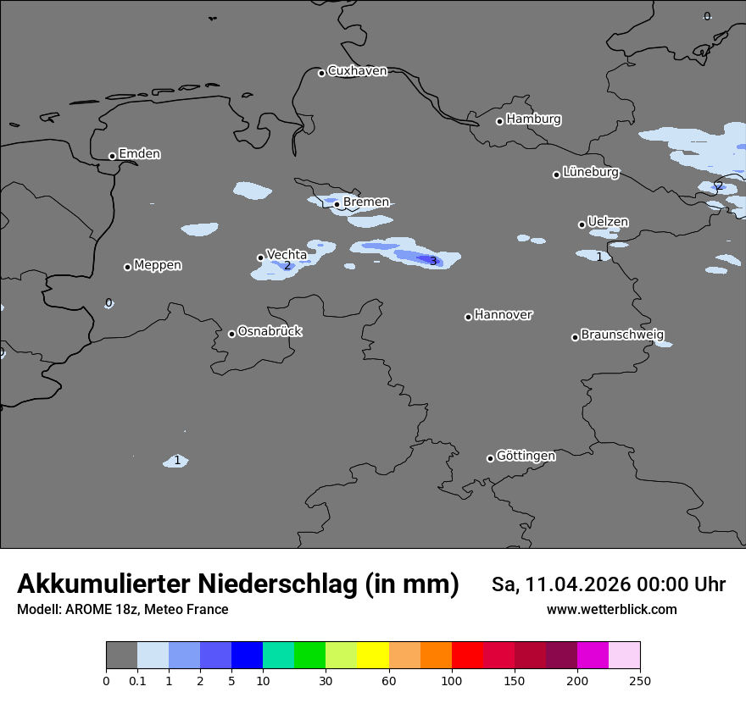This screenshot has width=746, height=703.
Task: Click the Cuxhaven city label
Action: tap(357, 71)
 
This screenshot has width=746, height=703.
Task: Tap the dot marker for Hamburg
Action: tap(499, 121)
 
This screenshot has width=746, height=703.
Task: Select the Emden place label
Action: tap(139, 154)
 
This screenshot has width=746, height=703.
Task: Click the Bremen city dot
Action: tap(337, 204)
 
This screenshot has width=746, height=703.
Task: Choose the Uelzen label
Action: tap(608, 222)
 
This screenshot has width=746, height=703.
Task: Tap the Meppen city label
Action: tap(158, 265)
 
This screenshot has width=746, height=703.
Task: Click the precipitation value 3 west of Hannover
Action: tap(433, 261)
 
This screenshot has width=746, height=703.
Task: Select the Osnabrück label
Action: tap(270, 331)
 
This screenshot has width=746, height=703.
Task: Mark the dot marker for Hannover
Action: tap(468, 317)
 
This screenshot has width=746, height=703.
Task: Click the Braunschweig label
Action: tap(622, 335)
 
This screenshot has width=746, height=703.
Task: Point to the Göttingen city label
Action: tap(526, 456)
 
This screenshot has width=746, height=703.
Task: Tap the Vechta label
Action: tap(287, 254)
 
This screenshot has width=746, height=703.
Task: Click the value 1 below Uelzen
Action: tap(599, 257)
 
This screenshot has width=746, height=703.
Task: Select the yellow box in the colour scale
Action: tap(373, 656)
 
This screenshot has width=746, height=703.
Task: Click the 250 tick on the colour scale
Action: tap(640, 680)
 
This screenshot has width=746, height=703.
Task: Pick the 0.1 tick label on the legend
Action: tap(137, 680)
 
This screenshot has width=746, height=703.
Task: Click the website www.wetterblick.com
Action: tap(611, 609)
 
